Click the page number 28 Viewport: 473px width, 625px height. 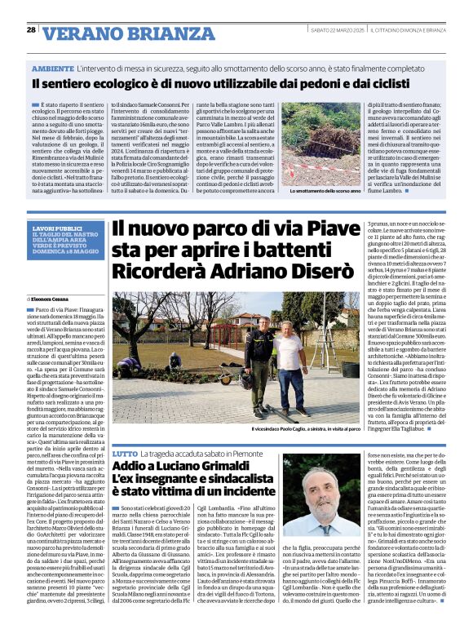pyautogui.click(x=31, y=29)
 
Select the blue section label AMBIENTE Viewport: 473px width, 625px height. pyautogui.click(x=54, y=70)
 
